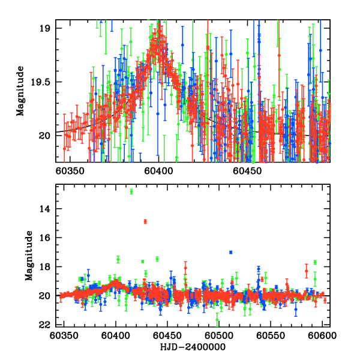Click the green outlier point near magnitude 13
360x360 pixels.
(x=131, y=191)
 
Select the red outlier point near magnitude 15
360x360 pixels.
(x=145, y=221)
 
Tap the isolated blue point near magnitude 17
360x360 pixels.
(x=230, y=252)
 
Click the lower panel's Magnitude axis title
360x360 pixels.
(x=28, y=256)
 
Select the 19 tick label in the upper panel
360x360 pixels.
(x=46, y=29)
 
